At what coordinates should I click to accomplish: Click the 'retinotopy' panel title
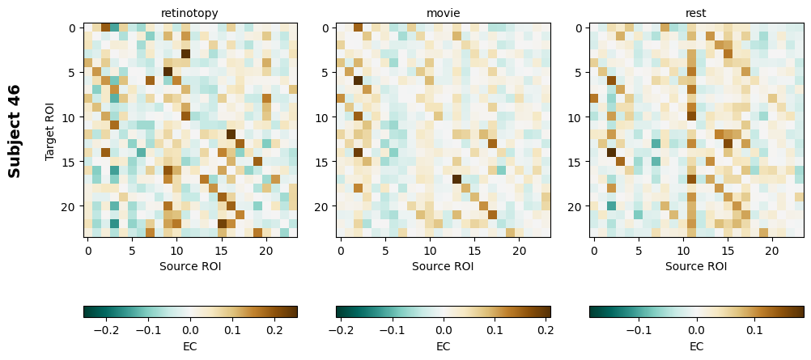point(189,13)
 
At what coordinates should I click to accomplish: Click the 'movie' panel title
point(443,13)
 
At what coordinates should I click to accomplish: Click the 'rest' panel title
point(696,13)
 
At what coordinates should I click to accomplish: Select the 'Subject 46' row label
point(14,130)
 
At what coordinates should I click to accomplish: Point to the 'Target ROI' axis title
point(50,130)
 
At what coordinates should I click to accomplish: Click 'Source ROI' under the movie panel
point(443,265)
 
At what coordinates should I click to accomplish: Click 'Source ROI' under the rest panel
point(696,265)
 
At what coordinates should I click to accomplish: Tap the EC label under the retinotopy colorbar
point(189,346)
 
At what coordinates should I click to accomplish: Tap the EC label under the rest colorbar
point(696,346)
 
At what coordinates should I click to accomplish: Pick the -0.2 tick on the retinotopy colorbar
point(106,330)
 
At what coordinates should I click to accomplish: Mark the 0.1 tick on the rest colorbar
point(754,330)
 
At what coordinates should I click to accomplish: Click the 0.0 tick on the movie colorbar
point(444,330)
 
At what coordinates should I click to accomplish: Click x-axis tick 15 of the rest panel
point(728,251)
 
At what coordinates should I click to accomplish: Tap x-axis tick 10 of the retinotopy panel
point(177,251)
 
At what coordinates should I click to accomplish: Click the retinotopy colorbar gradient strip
point(189,311)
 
